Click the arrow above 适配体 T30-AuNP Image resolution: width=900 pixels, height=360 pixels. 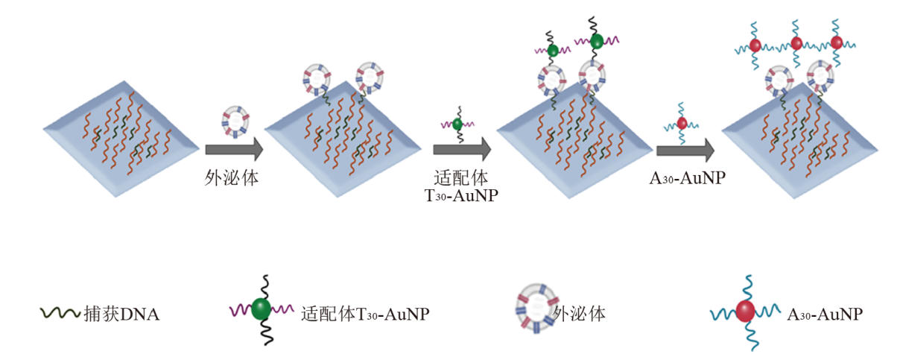pyautogui.click(x=461, y=150)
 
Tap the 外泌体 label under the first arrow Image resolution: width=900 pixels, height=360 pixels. pyautogui.click(x=232, y=178)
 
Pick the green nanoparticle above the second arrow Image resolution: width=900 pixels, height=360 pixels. pyautogui.click(x=457, y=123)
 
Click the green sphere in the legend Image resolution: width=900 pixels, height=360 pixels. pyautogui.click(x=262, y=310)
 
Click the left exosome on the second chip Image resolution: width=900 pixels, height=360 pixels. pyautogui.click(x=317, y=78)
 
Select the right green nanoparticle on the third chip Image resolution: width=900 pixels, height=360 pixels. pyautogui.click(x=597, y=42)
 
